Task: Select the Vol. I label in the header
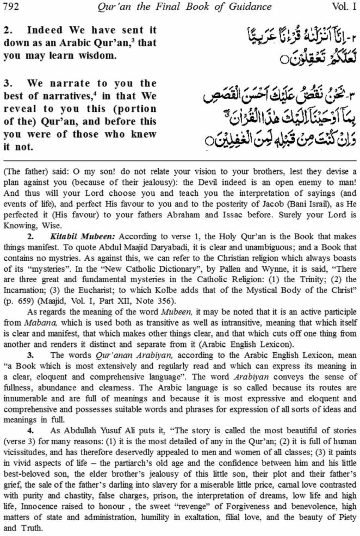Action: [344, 6]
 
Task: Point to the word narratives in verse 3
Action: [66, 96]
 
